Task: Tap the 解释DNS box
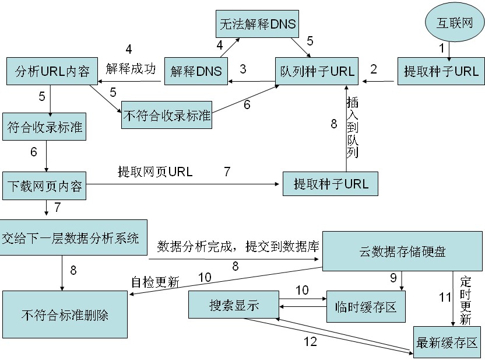point(196,72)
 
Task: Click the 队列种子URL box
point(318,72)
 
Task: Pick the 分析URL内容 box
point(49,72)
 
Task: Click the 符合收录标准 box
point(45,127)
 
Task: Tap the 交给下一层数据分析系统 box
point(71,238)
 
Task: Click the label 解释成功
point(131,68)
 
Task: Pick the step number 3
point(242,68)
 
